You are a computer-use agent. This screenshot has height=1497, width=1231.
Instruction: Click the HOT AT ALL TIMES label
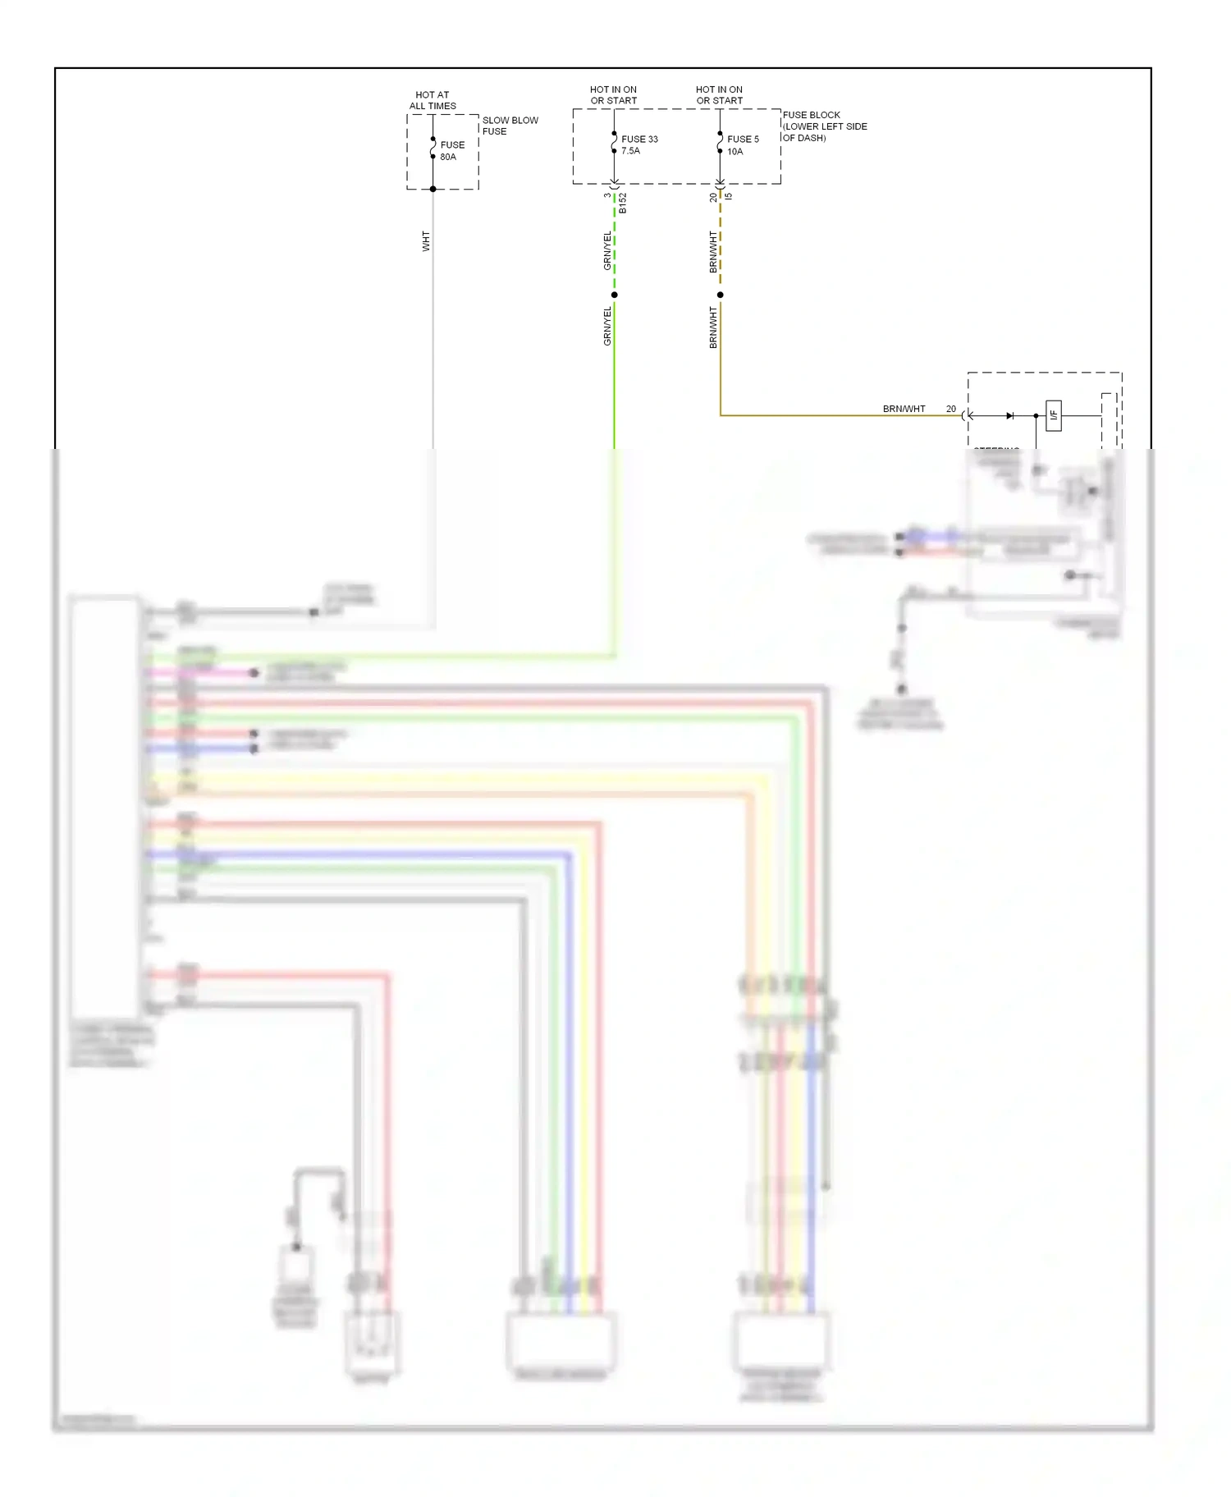432,100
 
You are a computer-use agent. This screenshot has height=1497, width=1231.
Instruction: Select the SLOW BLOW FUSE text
510,126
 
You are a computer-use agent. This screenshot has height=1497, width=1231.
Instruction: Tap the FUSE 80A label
451,151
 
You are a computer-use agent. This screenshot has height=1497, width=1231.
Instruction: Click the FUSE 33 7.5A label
639,144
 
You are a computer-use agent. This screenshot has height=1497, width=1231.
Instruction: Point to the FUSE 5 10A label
743,145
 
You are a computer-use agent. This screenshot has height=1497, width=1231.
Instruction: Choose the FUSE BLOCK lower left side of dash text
824,126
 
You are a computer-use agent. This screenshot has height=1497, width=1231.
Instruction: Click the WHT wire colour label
426,240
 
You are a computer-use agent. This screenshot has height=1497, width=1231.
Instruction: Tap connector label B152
623,204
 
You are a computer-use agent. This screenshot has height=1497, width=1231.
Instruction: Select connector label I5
729,196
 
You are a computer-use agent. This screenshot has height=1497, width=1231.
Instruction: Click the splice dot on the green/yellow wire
614,295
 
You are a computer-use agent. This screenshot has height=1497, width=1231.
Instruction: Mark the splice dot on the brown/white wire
720,295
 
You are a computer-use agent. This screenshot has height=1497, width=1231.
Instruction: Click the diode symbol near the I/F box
1009,416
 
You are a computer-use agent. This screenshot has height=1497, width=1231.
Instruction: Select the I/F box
1054,415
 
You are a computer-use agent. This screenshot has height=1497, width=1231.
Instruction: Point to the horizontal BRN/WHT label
904,409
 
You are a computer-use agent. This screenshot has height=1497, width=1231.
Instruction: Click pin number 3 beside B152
607,195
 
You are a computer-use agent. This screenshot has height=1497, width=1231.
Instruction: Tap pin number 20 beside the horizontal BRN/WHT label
950,409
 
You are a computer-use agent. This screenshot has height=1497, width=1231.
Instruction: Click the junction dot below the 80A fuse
433,189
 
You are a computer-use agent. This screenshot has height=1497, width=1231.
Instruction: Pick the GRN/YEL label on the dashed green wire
607,251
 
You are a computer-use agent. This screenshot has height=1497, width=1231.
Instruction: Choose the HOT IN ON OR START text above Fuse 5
719,95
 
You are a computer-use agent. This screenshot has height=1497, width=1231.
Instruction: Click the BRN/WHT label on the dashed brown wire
713,251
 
